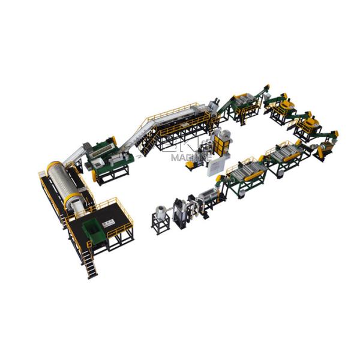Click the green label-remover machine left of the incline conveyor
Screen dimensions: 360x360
pyautogui.click(x=108, y=159)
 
